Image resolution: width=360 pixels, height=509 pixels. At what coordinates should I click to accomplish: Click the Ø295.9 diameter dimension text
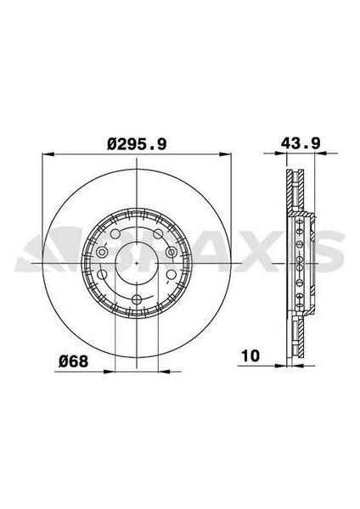tap(136, 145)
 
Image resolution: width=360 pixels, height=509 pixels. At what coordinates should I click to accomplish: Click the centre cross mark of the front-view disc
tap(137, 262)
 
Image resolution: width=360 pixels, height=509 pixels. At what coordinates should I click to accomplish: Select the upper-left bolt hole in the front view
tap(114, 232)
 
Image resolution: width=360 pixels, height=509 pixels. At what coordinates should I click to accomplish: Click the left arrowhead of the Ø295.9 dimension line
tap(45, 156)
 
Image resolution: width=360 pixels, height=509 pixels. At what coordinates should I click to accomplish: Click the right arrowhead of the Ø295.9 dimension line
tap(228, 156)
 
